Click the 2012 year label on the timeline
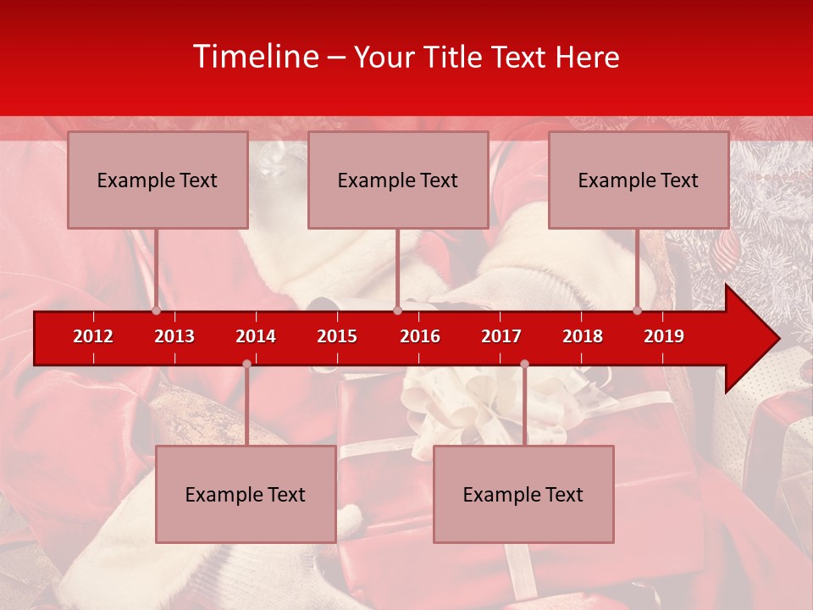point(93,336)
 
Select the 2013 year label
point(174,336)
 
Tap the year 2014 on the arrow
point(256,336)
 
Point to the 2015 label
point(337,336)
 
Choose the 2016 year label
point(420,336)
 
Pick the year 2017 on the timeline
point(501,336)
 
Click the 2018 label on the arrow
point(583,336)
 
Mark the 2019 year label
point(664,336)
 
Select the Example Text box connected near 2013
point(158,180)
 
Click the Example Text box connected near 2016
point(398,180)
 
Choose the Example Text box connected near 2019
point(639,180)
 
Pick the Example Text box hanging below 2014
point(246,494)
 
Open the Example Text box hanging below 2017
point(523,494)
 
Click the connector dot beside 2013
point(157,310)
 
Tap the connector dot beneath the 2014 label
point(246,364)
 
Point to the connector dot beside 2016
point(397,310)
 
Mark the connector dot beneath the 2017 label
point(524,364)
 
